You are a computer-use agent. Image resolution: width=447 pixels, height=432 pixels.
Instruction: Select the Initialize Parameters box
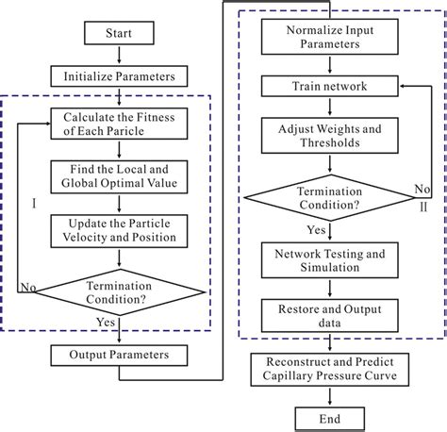119,76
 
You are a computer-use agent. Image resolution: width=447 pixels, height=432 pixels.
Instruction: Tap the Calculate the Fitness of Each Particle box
119,125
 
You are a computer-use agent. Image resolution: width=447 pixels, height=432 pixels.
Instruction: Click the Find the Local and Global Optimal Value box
119,176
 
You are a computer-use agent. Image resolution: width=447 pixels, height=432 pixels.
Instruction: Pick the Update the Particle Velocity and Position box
119,229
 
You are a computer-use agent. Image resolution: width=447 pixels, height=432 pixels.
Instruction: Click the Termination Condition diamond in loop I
119,290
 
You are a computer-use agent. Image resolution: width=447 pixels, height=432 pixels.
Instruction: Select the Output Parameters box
119,357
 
